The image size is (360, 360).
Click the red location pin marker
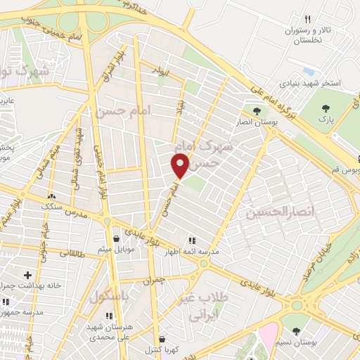coord(180,166)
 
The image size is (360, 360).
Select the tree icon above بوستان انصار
coord(256,110)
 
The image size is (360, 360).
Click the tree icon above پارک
coord(325,108)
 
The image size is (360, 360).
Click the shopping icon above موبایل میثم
coord(115,238)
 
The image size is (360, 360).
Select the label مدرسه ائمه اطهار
coord(192,251)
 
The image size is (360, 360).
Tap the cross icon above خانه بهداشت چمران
coord(27,275)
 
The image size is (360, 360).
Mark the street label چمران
coord(157,280)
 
